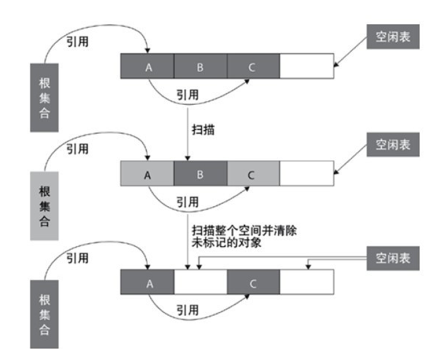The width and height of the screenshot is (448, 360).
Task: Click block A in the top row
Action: point(147,67)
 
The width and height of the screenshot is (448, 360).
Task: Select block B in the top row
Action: point(200,67)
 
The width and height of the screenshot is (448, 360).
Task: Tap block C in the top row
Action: point(253,67)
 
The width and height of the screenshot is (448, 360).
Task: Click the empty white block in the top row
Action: point(306,67)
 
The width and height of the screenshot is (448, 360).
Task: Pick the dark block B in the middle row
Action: point(200,173)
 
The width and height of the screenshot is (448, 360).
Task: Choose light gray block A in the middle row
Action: point(147,173)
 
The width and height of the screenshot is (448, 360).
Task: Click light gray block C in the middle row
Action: point(253,173)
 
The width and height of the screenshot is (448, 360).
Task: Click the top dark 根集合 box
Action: point(44,97)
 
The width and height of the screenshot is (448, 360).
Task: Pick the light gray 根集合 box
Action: point(44,205)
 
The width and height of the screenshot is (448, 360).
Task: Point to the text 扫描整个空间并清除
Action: point(242,231)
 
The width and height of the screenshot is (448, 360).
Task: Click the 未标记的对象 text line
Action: point(224,243)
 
